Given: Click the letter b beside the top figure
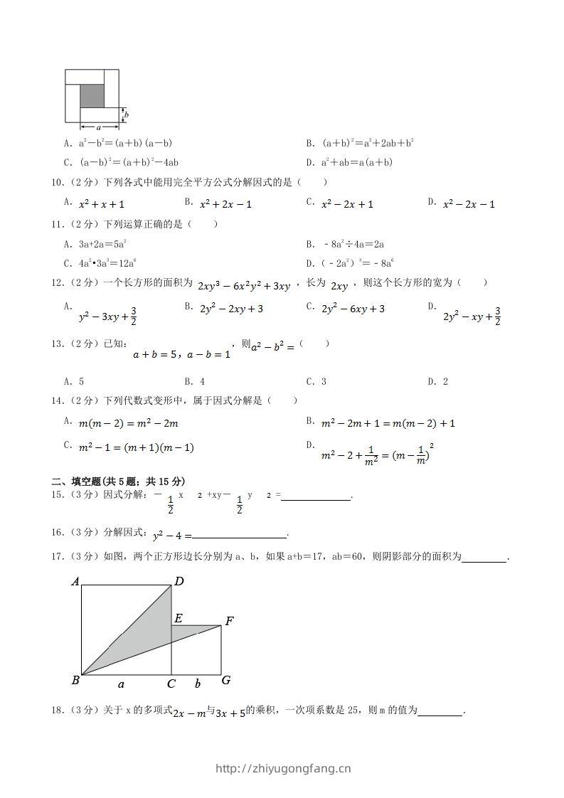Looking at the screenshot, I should [x=127, y=115].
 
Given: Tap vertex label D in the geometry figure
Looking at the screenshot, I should [x=179, y=581].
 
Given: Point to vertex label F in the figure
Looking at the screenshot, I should [x=229, y=621].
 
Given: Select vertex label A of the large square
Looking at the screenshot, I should [x=75, y=582].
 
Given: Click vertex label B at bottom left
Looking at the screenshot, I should [x=75, y=681].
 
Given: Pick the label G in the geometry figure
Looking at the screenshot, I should [x=225, y=681].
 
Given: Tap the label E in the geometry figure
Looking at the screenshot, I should [x=179, y=617].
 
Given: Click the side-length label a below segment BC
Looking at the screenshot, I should [x=121, y=684].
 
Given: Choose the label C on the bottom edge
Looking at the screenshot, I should [x=171, y=684].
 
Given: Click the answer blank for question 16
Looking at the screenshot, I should [x=239, y=536].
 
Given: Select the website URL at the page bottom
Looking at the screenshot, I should [x=282, y=768].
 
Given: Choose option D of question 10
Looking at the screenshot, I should [x=462, y=204].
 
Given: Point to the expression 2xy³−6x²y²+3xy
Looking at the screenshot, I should [x=244, y=286].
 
